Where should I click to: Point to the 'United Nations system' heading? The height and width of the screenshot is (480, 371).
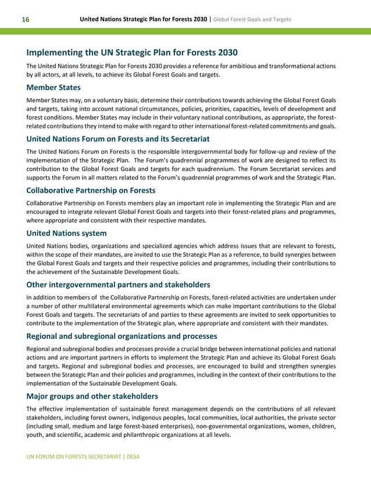[66, 233]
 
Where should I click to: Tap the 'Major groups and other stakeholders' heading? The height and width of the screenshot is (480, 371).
[92, 396]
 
